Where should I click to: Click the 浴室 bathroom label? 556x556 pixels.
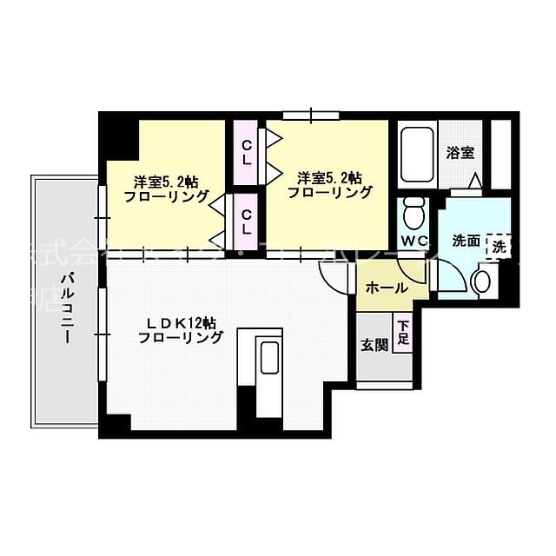460,153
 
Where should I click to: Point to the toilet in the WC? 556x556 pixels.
414,211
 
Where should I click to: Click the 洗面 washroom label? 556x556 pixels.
466,241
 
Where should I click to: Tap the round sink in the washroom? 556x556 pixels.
482,282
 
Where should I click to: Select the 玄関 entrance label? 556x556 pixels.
374,344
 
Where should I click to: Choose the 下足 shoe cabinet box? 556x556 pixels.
403,334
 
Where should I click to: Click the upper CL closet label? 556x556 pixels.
247,152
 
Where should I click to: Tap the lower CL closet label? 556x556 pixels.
247,222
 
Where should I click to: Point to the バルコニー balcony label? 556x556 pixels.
67,309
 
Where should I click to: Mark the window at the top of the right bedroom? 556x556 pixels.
310,115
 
